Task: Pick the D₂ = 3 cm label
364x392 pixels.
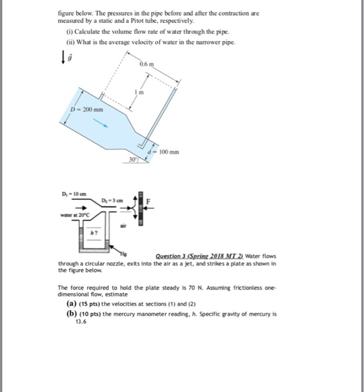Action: (x=111, y=200)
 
